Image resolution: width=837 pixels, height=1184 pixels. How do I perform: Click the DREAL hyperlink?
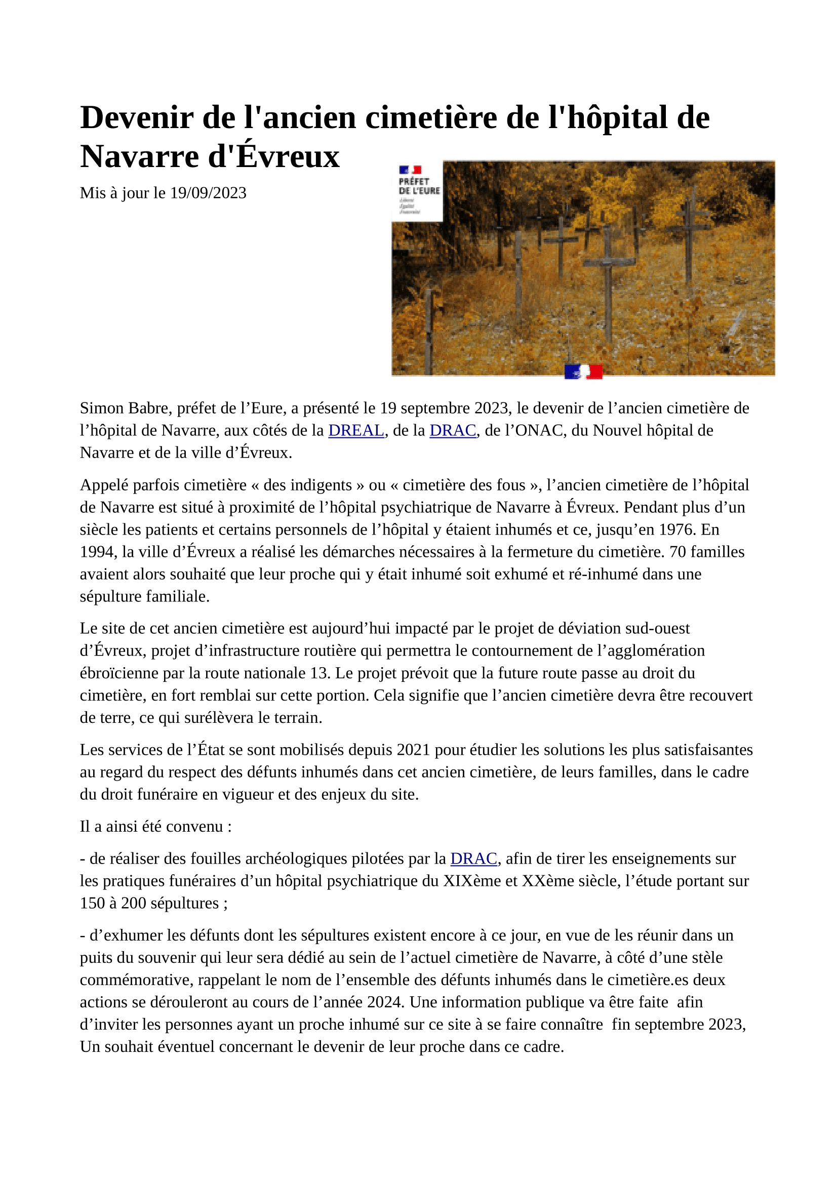click(356, 430)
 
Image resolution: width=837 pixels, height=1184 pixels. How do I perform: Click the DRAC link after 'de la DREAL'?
click(452, 430)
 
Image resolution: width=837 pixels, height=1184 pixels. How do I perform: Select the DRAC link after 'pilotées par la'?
click(473, 858)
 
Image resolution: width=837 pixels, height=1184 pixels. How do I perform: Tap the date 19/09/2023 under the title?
click(208, 193)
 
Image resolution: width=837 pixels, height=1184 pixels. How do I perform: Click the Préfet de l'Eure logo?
click(418, 191)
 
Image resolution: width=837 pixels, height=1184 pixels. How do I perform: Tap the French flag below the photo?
click(583, 371)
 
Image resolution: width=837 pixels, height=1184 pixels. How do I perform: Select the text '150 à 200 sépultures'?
click(149, 903)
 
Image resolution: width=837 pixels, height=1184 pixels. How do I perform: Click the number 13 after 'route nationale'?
click(319, 673)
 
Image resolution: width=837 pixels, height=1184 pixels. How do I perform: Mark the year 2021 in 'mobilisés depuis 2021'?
click(413, 749)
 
